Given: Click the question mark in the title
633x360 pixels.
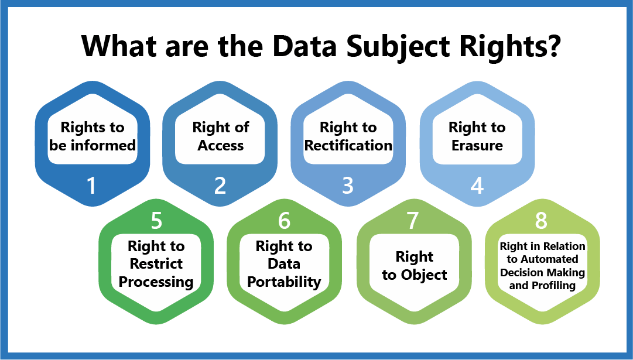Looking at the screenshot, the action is point(550,46).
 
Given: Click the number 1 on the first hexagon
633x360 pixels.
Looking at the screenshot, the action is point(92,186).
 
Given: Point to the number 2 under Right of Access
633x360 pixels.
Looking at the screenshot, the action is point(220,186).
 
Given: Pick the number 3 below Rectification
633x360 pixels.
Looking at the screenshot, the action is point(348,186).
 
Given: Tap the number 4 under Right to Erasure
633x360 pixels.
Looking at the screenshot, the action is point(477,186).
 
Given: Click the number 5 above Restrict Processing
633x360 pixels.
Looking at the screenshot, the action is point(156,220).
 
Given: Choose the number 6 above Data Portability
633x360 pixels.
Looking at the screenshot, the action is point(284,220).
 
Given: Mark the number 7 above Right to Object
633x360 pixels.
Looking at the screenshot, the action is point(413,220).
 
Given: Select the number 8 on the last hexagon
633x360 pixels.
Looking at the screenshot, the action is point(541,220).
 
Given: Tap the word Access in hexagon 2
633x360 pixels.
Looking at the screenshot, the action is point(220,145).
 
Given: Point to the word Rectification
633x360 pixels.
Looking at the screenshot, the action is point(348,145).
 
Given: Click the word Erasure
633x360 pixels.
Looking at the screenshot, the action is point(477,145).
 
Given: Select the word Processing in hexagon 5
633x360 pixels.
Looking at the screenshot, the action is point(156,282).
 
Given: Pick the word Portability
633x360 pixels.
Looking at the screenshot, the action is point(284,282).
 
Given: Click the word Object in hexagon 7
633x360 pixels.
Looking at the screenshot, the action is point(424,275).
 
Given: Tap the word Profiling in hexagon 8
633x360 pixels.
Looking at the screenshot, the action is point(553,286).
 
